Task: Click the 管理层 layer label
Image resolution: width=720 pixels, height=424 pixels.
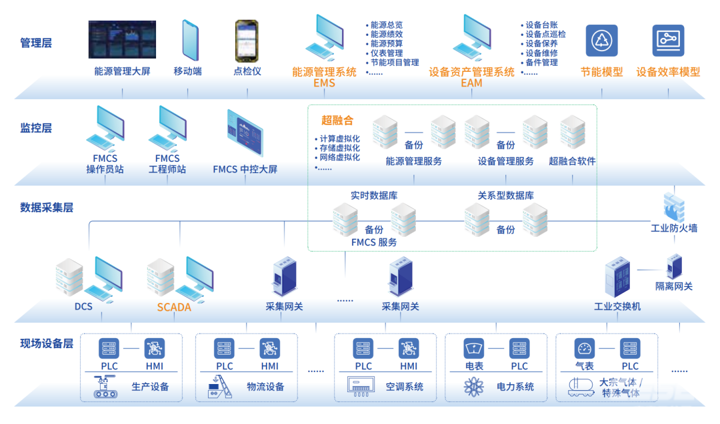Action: pos(36,44)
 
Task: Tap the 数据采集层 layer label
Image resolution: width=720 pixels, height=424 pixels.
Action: pos(47,208)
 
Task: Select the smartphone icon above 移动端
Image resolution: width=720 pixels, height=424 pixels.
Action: pos(191,40)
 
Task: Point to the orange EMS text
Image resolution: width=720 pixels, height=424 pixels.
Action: pos(324,83)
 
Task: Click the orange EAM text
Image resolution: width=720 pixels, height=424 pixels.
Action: pos(471,83)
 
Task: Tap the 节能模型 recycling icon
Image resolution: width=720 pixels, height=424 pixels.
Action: pos(601,41)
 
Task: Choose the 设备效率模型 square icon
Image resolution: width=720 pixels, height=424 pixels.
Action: pos(668,41)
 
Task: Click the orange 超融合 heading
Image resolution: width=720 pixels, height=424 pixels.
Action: pos(337,120)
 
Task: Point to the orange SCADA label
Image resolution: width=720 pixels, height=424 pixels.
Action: pos(174,307)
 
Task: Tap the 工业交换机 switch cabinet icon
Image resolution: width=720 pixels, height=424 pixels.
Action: pos(617,278)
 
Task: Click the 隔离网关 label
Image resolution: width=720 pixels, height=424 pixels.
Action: pos(674,286)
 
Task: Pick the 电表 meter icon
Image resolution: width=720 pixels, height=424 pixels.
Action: pos(474,348)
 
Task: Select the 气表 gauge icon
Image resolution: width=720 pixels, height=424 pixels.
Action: pos(585,348)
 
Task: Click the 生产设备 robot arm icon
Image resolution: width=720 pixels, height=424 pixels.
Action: pos(105,387)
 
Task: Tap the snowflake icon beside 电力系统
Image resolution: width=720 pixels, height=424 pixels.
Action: pos(474,387)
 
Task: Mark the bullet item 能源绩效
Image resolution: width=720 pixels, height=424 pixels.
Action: pos(386,35)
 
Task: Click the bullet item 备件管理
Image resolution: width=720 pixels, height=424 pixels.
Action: pos(541,63)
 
